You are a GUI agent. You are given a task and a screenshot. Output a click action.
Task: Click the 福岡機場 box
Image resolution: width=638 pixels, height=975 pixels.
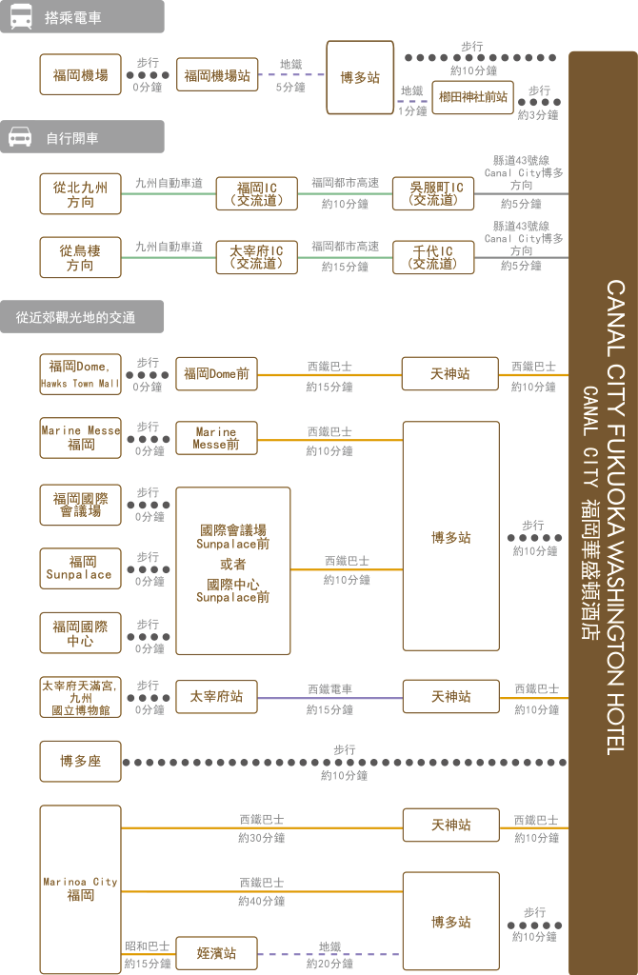[80, 74]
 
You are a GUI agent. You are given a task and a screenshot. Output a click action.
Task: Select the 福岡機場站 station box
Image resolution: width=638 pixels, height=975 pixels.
[217, 74]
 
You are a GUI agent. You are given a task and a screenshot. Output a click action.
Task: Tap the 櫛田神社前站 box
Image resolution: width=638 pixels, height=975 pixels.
[472, 97]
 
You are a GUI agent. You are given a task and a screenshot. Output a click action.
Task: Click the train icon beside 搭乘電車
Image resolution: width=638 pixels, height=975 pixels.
[21, 17]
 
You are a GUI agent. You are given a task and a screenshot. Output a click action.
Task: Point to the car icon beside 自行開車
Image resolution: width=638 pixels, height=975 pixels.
[20, 137]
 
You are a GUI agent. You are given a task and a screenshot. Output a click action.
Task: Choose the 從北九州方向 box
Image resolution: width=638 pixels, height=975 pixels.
[80, 194]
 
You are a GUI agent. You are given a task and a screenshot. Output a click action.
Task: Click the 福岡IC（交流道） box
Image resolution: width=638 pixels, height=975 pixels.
[257, 194]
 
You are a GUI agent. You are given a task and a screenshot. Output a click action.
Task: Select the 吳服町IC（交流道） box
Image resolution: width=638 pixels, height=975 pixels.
[433, 193]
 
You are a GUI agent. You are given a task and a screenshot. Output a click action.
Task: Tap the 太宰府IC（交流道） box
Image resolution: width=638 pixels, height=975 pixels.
[257, 257]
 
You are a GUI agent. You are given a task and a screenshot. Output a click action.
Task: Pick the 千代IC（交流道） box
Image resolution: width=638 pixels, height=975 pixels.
[433, 257]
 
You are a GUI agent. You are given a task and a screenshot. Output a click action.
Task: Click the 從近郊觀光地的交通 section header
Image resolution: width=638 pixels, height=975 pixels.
[82, 317]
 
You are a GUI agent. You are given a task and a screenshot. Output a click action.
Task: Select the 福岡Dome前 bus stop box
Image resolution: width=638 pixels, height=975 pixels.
[216, 373]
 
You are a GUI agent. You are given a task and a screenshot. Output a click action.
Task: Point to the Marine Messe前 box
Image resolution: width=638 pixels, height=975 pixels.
[216, 438]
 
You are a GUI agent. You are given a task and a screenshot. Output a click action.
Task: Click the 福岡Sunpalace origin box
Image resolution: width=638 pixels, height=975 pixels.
[80, 568]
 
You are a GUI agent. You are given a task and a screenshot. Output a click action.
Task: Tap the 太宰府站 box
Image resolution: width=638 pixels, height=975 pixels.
[216, 696]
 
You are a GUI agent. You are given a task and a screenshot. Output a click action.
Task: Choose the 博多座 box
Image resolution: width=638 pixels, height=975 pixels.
[80, 761]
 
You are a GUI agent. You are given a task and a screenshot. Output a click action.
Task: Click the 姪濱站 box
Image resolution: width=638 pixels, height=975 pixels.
[216, 953]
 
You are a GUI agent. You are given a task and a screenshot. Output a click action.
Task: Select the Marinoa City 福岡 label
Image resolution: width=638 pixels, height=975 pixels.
[80, 889]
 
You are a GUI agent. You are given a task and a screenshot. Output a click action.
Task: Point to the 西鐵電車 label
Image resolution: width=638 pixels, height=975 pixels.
[329, 689]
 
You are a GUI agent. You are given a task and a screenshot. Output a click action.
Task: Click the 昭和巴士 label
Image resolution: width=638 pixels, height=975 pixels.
[147, 945]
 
